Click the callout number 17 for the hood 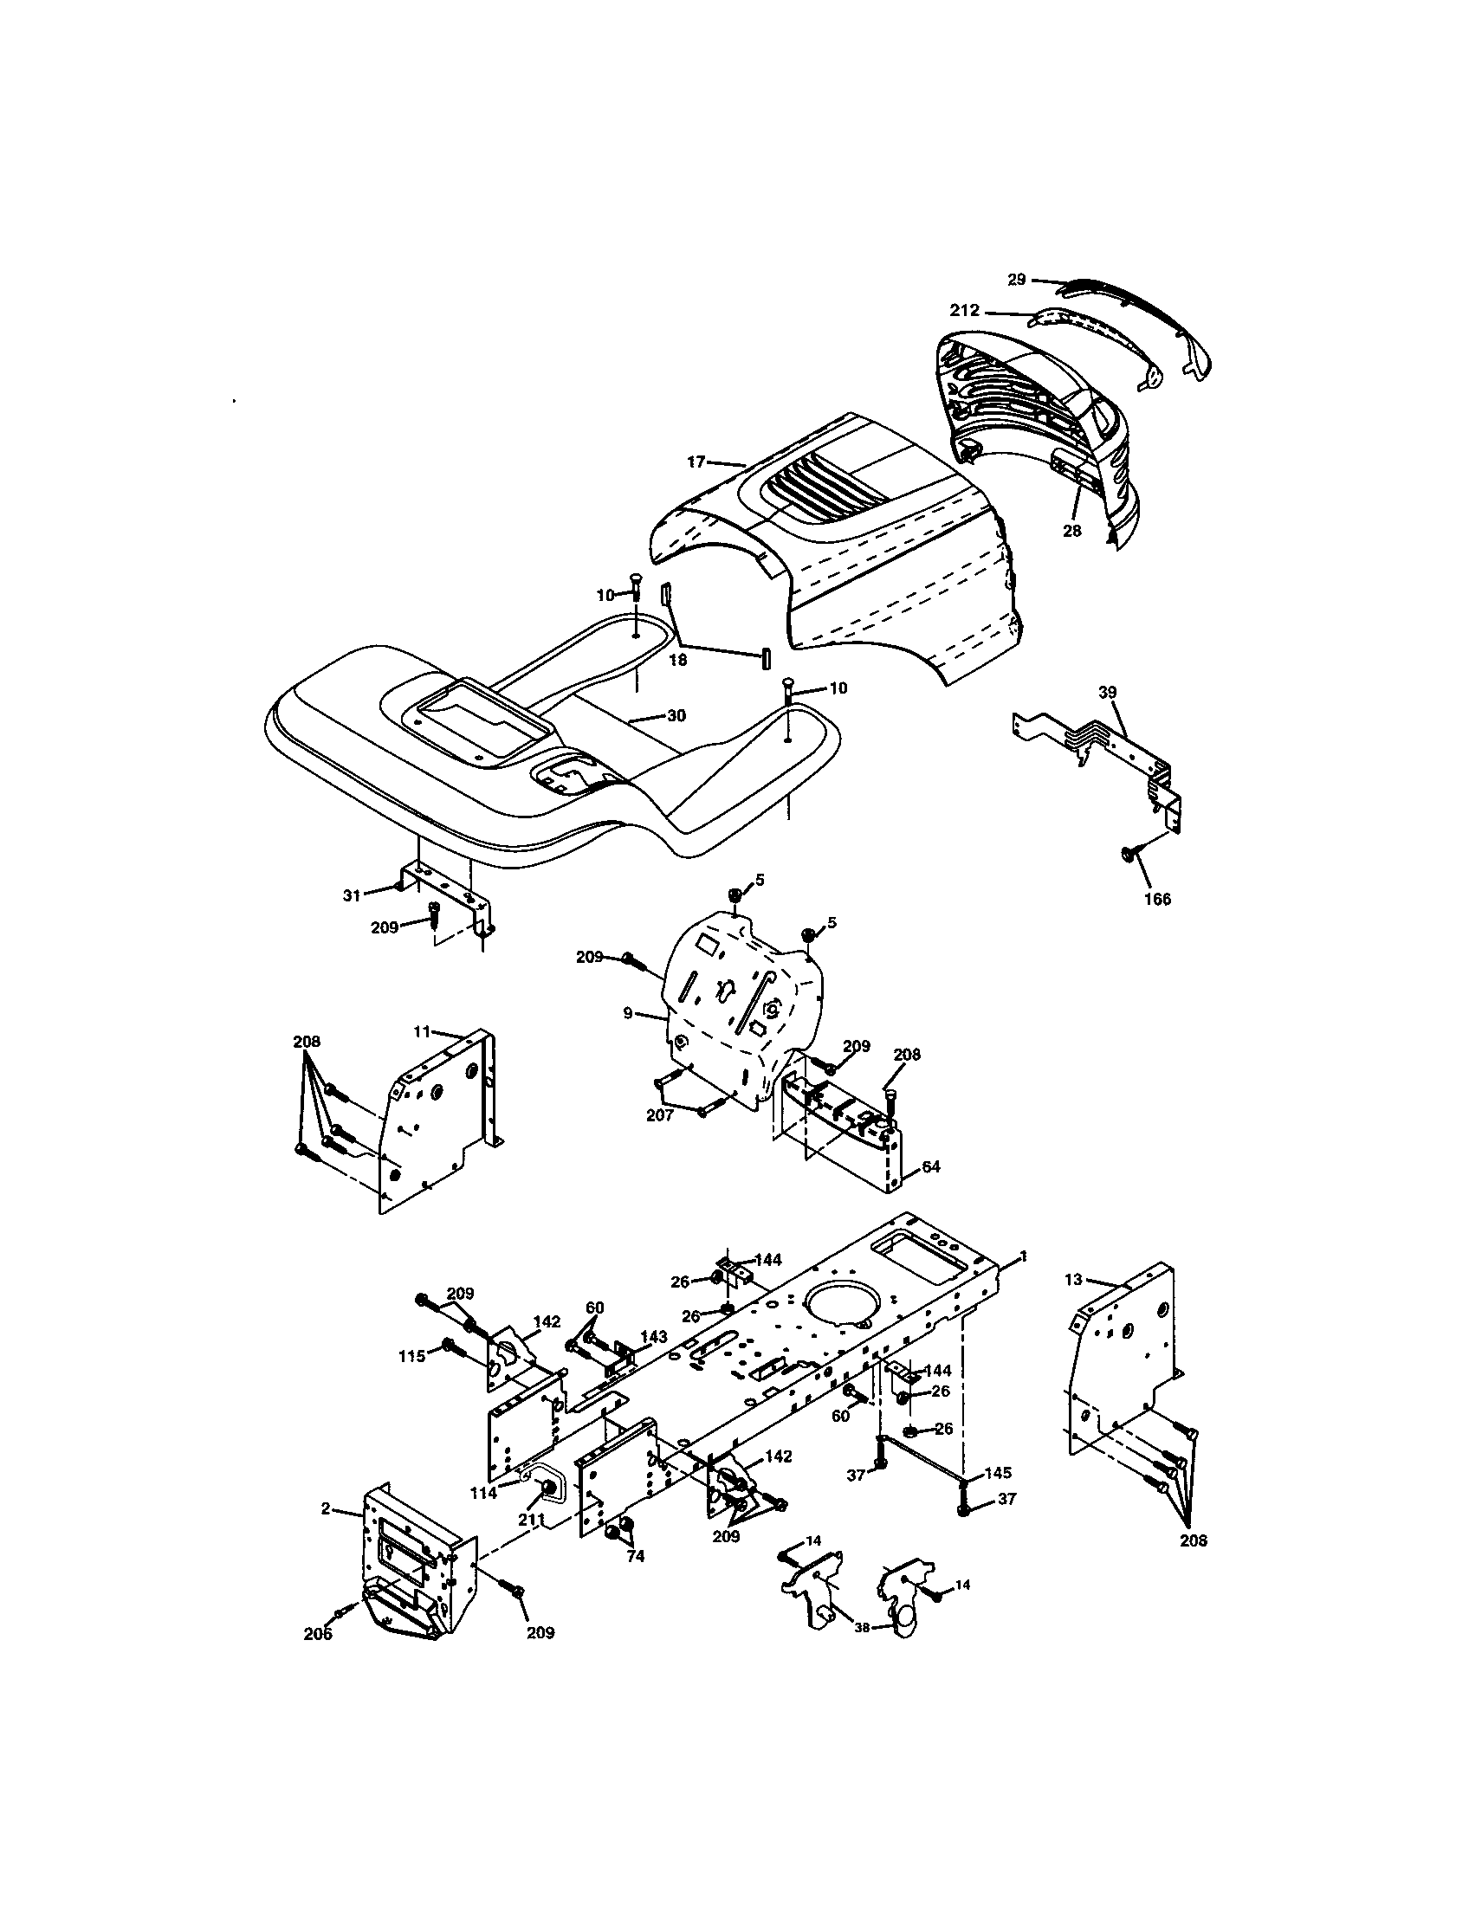[x=696, y=462]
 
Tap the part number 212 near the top [x=966, y=311]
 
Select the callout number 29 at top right [x=1017, y=280]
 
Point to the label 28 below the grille [x=1071, y=530]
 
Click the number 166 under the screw [x=1156, y=900]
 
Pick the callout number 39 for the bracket [x=1107, y=693]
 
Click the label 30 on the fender [x=676, y=715]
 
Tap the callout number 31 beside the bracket [x=351, y=895]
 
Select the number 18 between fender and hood [x=678, y=661]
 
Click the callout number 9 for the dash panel [x=628, y=1015]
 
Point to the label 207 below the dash [x=659, y=1114]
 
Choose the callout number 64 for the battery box [x=931, y=1166]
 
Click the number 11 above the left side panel [x=422, y=1032]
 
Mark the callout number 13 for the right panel [x=1073, y=1280]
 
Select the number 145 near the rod [x=998, y=1473]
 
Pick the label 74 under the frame [x=635, y=1556]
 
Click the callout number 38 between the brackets [x=862, y=1627]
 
